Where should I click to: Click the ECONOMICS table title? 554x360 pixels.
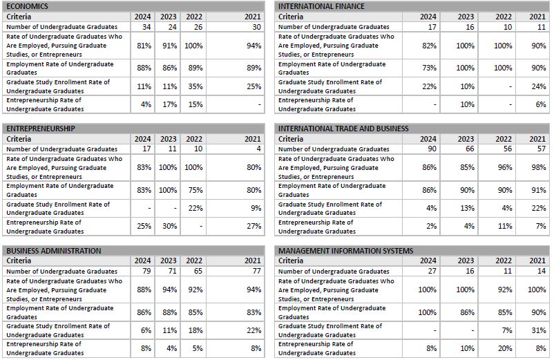pyautogui.click(x=28, y=6)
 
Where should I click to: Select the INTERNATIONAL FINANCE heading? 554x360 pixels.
pyautogui.click(x=321, y=6)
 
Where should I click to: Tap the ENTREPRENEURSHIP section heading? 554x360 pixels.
pyautogui.click(x=41, y=129)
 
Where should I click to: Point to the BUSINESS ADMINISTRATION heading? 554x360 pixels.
pyautogui.click(x=54, y=251)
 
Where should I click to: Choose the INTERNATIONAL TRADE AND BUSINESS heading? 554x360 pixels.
pyautogui.click(x=343, y=129)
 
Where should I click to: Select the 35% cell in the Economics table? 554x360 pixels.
pyautogui.click(x=195, y=86)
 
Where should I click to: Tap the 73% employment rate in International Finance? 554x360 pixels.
pyautogui.click(x=429, y=68)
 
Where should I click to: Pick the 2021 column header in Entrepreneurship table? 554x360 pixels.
pyautogui.click(x=253, y=139)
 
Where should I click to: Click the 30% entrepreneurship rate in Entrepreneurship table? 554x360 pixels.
pyautogui.click(x=169, y=227)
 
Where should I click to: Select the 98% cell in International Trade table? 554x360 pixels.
pyautogui.click(x=537, y=168)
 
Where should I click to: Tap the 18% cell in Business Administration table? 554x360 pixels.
pyautogui.click(x=195, y=331)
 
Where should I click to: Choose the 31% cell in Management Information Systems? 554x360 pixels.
pyautogui.click(x=537, y=331)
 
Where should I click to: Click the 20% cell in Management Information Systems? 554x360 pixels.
pyautogui.click(x=504, y=349)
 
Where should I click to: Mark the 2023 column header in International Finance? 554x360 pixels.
pyautogui.click(x=466, y=17)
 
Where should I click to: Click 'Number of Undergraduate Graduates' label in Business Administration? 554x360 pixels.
pyautogui.click(x=62, y=272)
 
